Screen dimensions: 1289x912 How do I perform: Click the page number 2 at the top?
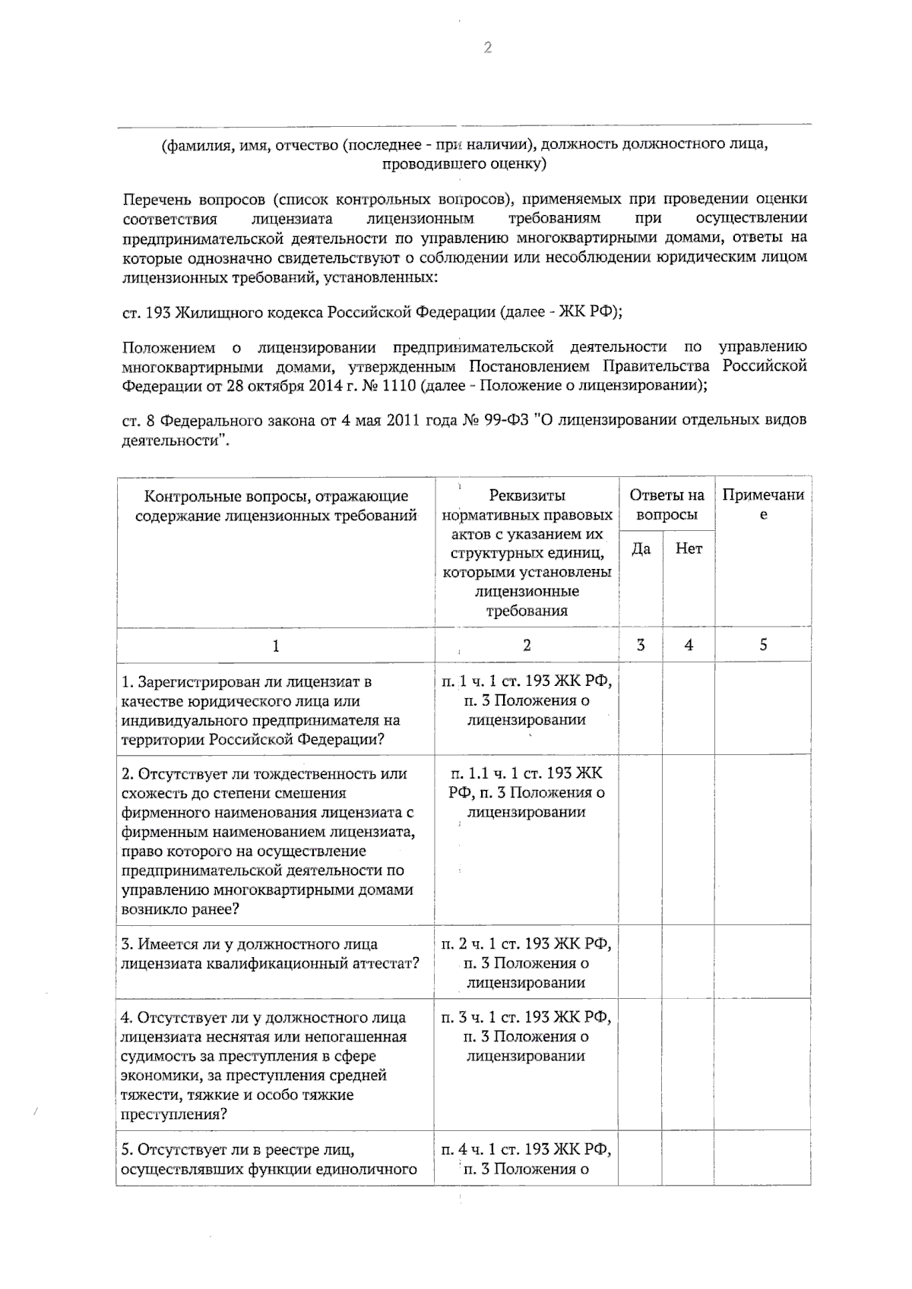point(487,48)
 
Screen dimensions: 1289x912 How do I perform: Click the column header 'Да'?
point(641,548)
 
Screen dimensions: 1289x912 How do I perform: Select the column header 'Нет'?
point(689,548)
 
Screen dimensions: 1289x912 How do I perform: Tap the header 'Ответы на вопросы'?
point(667,505)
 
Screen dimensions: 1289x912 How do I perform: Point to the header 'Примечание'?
point(763,505)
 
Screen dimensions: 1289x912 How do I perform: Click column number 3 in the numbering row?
point(641,645)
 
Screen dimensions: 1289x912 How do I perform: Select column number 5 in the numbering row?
point(763,645)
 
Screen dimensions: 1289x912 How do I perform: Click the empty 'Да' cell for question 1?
point(641,709)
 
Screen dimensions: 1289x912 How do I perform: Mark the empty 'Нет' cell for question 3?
point(689,962)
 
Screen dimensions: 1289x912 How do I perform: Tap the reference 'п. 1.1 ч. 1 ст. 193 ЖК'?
point(526,773)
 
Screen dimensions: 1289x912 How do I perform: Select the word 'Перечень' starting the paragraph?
point(157,199)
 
